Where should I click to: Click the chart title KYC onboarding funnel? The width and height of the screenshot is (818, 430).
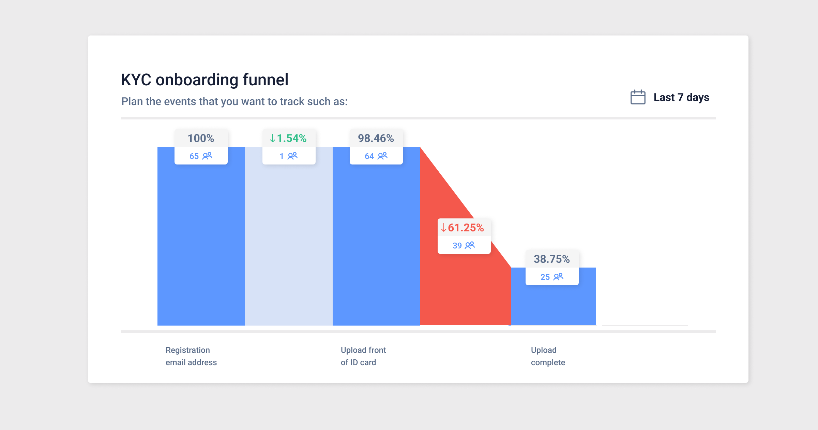tap(204, 80)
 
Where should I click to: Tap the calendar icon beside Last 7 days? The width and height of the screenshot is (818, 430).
tap(638, 97)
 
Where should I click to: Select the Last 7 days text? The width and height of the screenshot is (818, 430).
tap(681, 97)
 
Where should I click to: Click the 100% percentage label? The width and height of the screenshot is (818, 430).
tap(201, 138)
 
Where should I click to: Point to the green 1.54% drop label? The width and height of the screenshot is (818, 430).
tap(289, 138)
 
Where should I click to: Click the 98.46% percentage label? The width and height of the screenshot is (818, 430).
tap(376, 138)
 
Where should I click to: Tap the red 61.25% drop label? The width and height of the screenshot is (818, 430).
tap(464, 228)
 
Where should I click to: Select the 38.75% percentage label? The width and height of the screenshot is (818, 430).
tap(551, 259)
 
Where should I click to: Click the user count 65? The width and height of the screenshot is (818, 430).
tap(194, 156)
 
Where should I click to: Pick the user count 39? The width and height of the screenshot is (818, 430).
tap(457, 246)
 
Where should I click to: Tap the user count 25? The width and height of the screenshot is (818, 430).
tap(545, 277)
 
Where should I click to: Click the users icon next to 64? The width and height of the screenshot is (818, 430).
tap(383, 156)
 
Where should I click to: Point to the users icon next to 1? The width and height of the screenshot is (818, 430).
tap(292, 156)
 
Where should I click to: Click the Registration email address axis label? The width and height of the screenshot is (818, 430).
tap(191, 356)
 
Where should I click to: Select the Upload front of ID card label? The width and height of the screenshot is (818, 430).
tap(363, 356)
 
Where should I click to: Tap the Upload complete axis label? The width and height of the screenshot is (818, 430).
tap(548, 356)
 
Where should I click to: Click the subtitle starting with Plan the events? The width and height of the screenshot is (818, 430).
tap(234, 102)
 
